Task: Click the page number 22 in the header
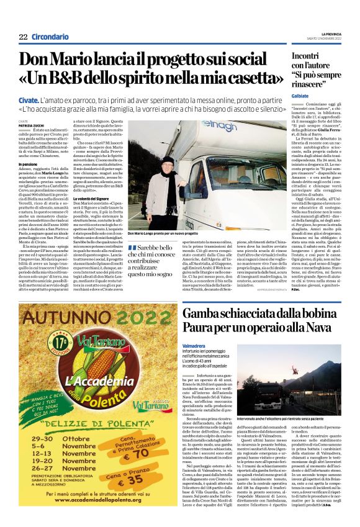tap(23, 37)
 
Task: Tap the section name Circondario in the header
tap(50, 37)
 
